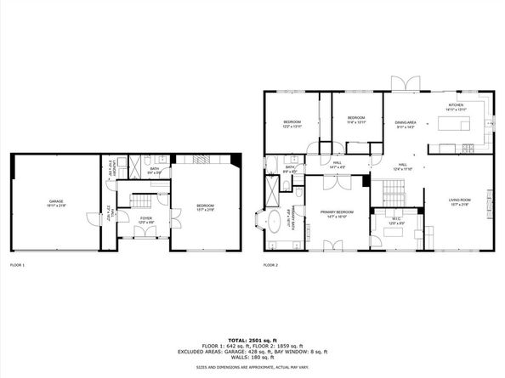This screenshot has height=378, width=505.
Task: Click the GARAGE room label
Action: click(55, 201)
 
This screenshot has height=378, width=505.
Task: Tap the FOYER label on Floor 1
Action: click(145, 218)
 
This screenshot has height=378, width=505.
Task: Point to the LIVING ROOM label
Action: click(460, 200)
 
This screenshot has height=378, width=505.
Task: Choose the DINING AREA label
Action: click(405, 123)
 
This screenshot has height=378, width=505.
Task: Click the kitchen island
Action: click(454, 124)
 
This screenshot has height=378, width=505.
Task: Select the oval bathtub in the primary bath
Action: click(276, 223)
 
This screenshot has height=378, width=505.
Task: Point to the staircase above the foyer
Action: click(140, 200)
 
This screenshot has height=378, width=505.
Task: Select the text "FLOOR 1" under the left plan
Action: click(18, 266)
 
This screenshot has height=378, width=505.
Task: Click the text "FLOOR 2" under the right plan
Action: click(271, 266)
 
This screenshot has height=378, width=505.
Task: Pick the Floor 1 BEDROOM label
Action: click(206, 206)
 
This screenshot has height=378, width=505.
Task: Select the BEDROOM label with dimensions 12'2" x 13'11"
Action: click(292, 123)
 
